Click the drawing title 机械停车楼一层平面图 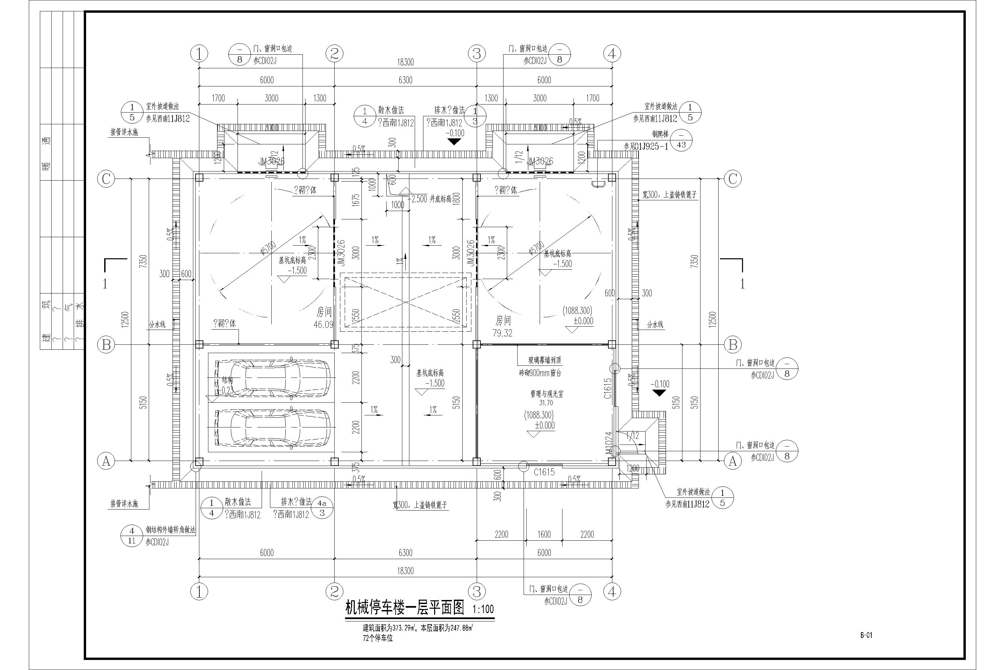click(404, 608)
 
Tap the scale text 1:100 click(483, 609)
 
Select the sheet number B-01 click(866, 647)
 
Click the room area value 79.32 click(502, 333)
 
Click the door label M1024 click(608, 444)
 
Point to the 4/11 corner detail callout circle click(132, 535)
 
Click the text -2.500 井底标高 click(429, 199)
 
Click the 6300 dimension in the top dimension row click(405, 80)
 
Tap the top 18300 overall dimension click(405, 62)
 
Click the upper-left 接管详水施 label click(124, 132)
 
